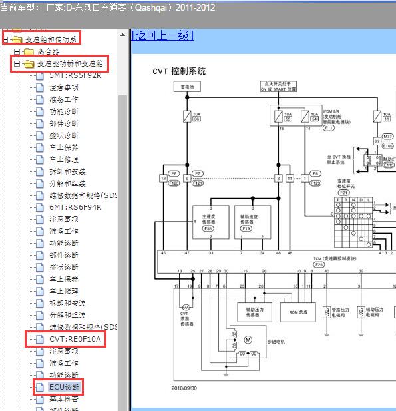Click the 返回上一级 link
click(163, 35)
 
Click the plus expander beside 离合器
click(17, 51)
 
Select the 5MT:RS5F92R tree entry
click(75, 75)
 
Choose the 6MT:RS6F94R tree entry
click(75, 207)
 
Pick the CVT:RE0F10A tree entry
click(75, 339)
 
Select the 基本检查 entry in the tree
click(64, 399)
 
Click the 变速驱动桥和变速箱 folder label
click(71, 64)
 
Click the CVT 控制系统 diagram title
click(179, 71)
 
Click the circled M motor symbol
click(248, 340)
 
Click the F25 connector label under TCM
click(319, 264)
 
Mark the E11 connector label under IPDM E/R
click(329, 127)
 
